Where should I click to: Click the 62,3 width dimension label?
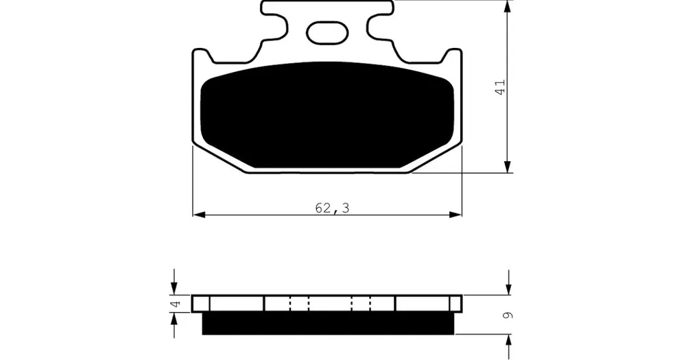click(333, 208)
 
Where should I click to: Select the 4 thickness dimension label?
click(176, 304)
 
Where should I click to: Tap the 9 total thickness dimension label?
click(508, 315)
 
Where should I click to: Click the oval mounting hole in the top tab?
click(327, 33)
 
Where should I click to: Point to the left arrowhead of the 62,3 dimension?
click(199, 215)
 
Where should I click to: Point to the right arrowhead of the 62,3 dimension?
click(456, 215)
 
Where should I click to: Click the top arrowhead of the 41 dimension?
click(508, 6)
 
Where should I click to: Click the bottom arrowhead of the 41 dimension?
click(508, 167)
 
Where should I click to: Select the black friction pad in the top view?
click(327, 115)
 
